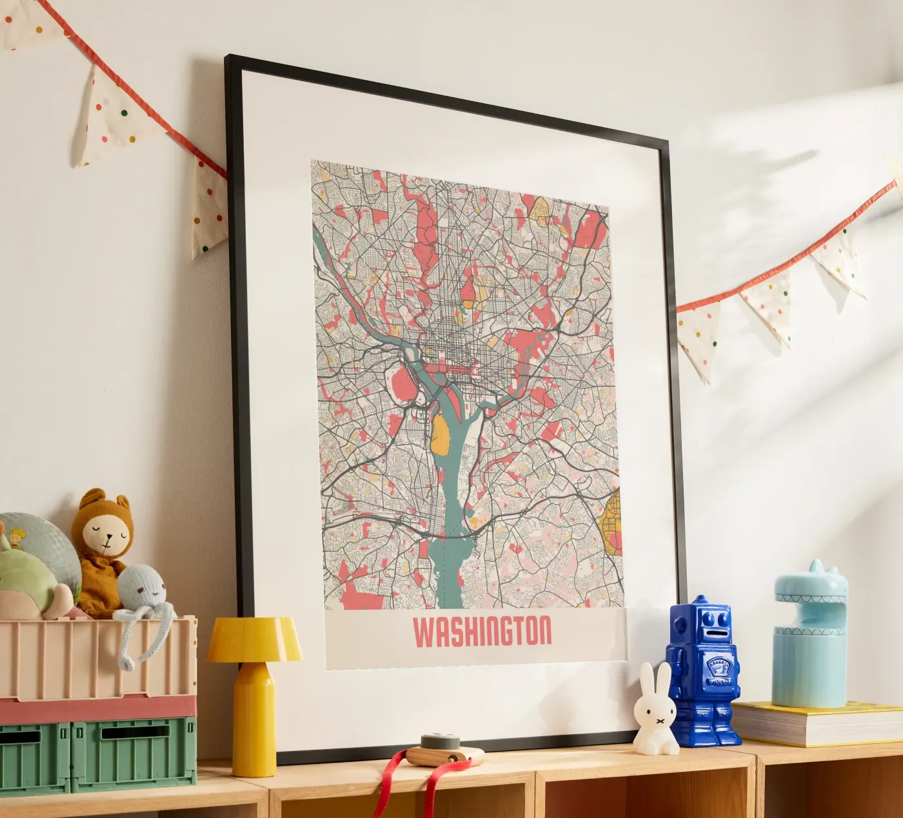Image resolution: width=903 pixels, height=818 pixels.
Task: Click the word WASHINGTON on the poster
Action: [482, 632]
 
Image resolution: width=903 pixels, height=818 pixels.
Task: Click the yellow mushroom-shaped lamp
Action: [253, 690]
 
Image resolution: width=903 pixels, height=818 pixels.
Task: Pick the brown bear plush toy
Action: [102, 548]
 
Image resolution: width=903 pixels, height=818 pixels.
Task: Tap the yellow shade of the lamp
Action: [254, 639]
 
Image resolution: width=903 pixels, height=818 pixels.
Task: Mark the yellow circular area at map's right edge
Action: [610, 522]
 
